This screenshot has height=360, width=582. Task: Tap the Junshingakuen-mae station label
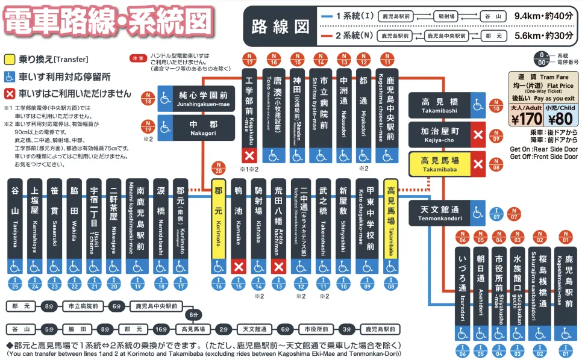(203, 98)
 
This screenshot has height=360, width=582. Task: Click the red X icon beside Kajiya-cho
(478, 134)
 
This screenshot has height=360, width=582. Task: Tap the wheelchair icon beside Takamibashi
(478, 105)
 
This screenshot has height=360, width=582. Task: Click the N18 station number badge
(146, 98)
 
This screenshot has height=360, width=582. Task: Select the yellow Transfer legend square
(10, 60)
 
